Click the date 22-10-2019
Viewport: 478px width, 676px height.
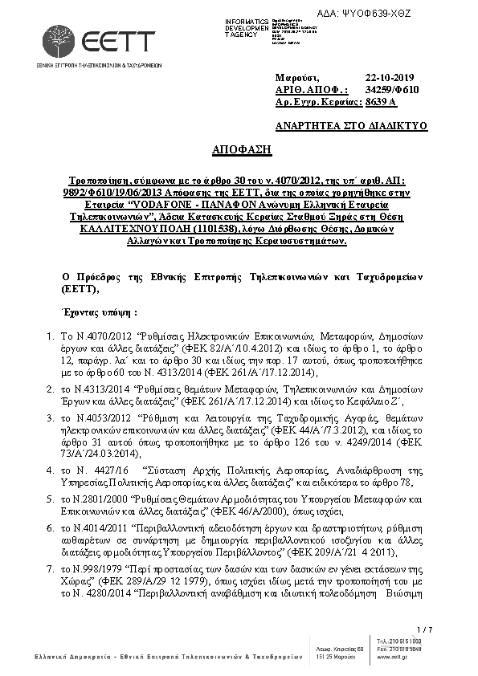387,76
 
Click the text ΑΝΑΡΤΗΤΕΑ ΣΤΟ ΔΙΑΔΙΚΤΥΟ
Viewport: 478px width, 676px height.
351,126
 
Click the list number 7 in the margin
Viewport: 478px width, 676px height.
50,568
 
